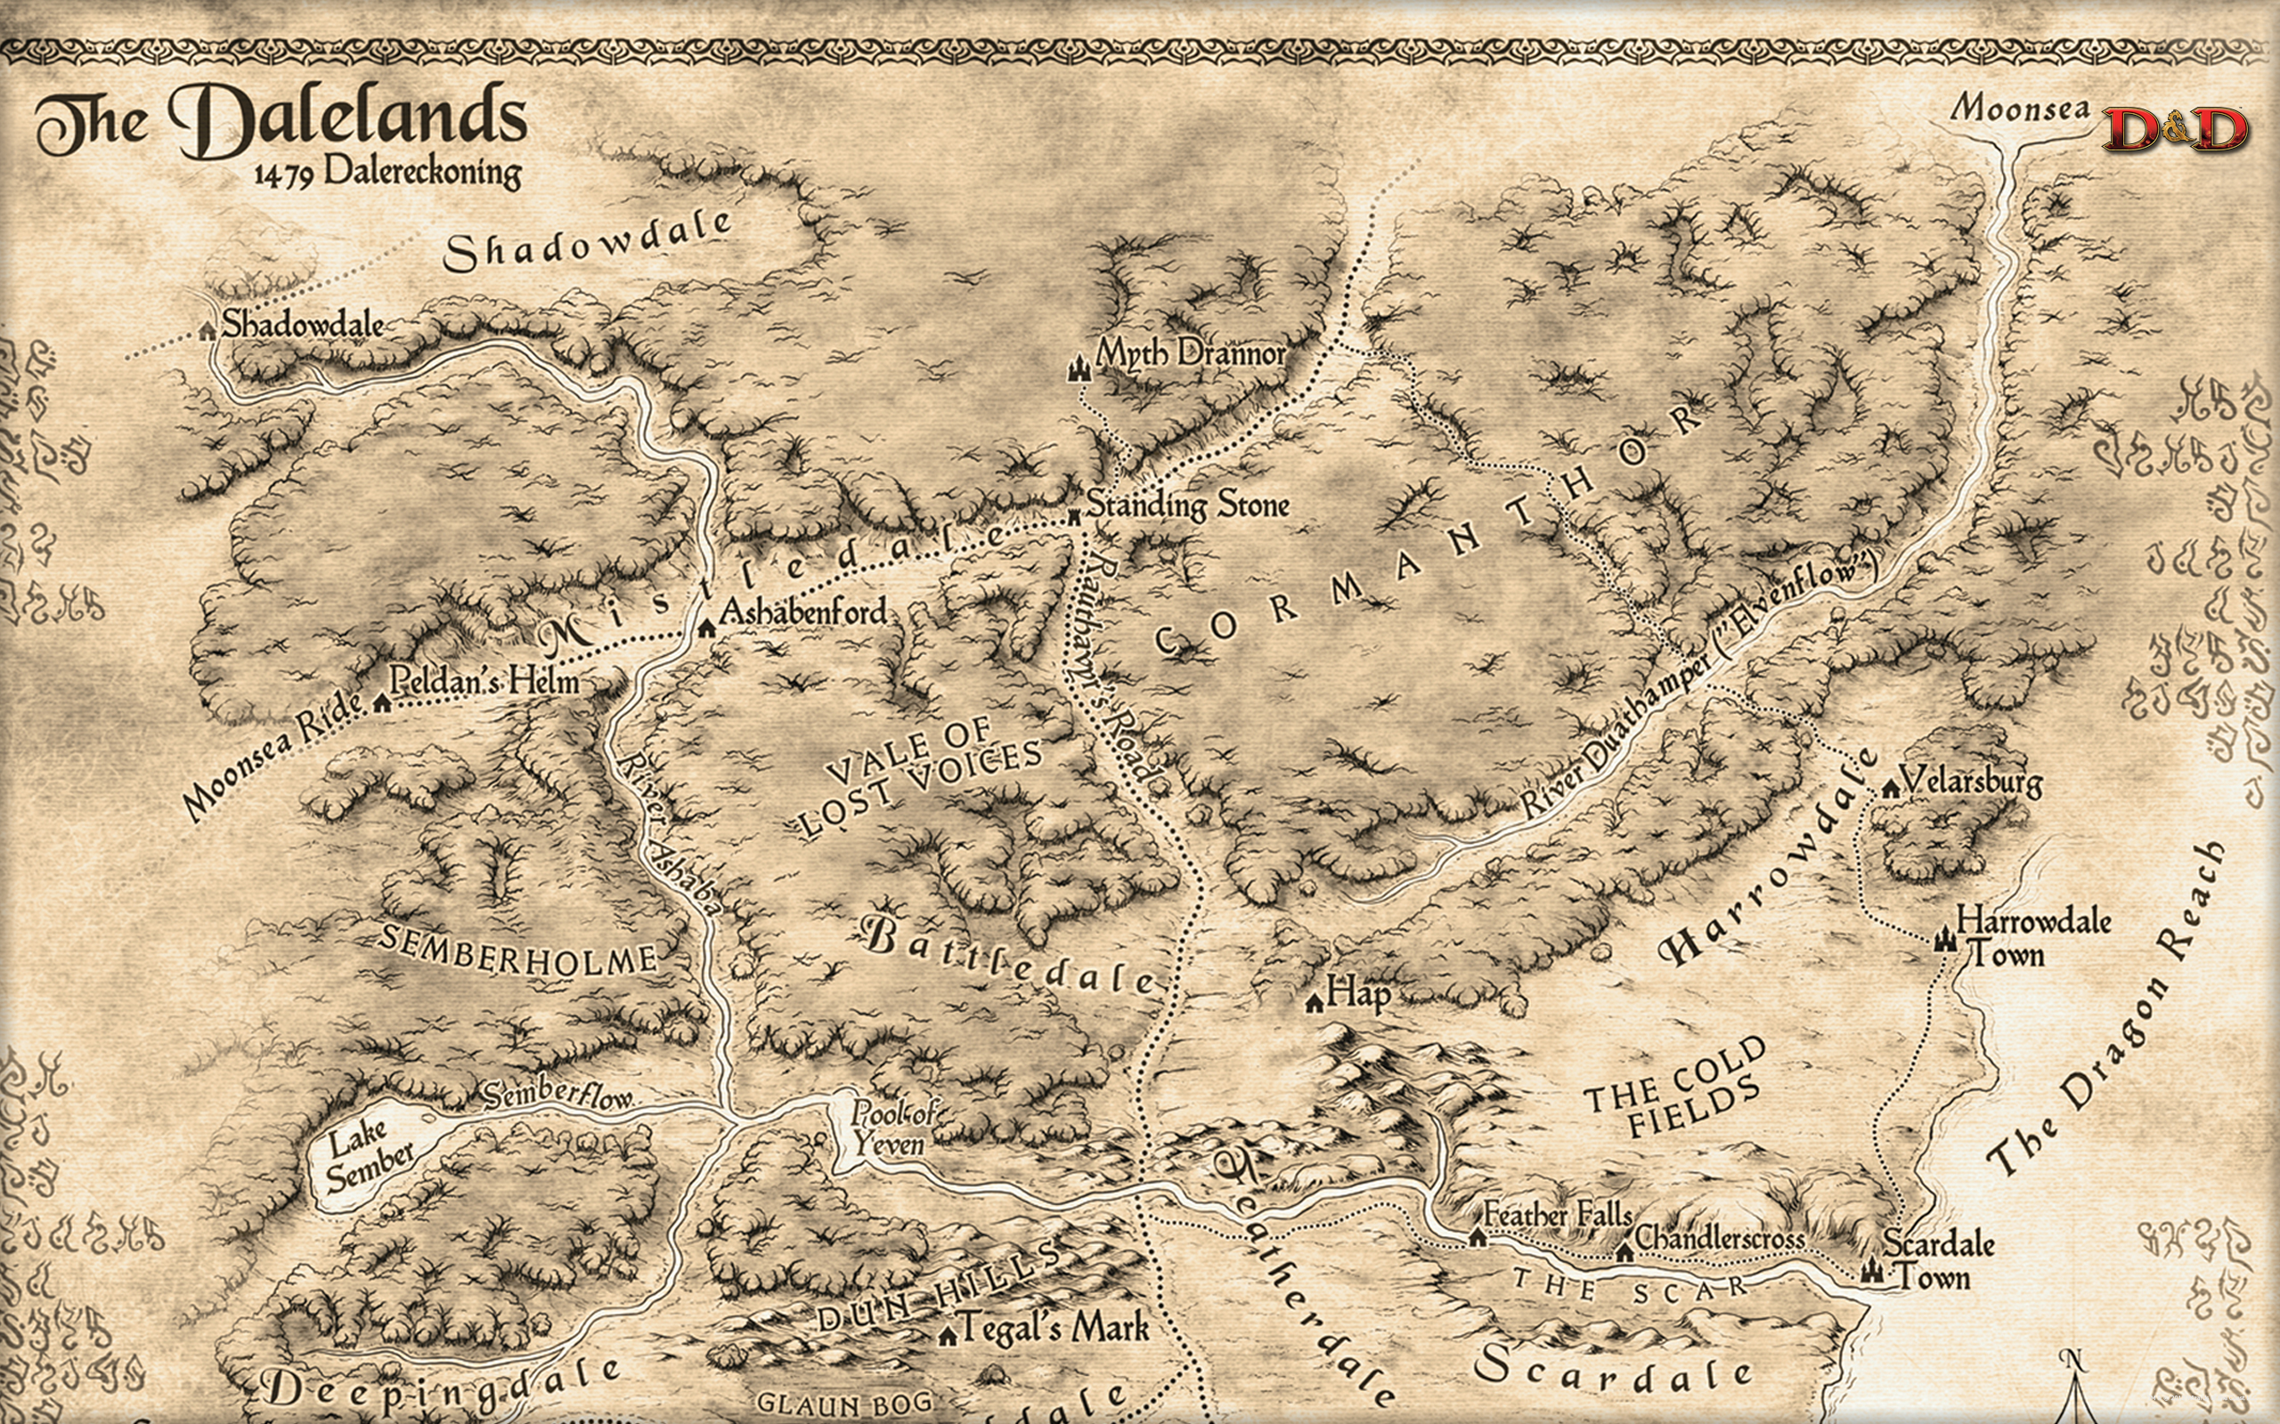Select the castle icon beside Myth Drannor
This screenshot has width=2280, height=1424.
click(1079, 368)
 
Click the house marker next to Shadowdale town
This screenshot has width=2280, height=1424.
click(208, 330)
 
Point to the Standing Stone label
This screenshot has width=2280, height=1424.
click(1188, 505)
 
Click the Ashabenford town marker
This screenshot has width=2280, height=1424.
click(706, 628)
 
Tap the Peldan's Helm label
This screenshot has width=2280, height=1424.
click(484, 680)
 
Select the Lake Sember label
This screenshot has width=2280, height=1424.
click(368, 1158)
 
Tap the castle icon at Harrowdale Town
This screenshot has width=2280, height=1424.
click(1943, 939)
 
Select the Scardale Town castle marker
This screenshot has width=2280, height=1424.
click(1871, 1272)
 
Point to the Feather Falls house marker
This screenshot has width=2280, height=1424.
click(1478, 1236)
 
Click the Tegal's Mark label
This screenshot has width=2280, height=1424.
click(1055, 1328)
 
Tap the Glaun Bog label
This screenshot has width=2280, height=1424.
click(844, 1404)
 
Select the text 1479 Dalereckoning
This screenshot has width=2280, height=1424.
click(387, 173)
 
